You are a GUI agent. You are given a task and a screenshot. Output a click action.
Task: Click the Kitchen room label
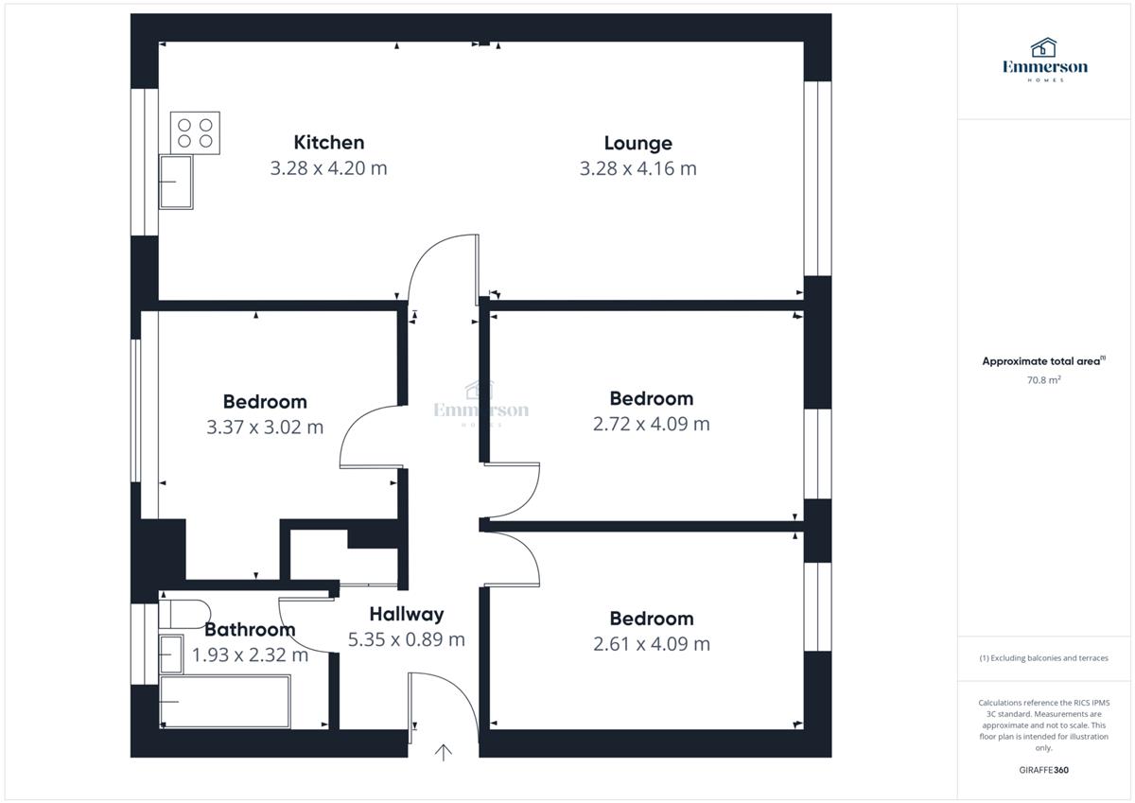[x=329, y=143]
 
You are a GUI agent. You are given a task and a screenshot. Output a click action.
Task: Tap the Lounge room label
[x=637, y=144]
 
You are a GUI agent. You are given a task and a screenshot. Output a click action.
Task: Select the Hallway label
[x=407, y=615]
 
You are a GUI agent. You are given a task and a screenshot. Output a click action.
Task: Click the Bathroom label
[x=250, y=630]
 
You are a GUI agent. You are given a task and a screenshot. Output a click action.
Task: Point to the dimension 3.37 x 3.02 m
[x=265, y=428]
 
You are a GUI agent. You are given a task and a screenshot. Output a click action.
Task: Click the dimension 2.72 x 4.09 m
[x=651, y=424]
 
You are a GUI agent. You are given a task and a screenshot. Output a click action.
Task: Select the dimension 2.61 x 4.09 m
[x=652, y=644]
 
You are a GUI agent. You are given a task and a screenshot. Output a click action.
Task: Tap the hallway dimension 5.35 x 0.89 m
[x=407, y=639]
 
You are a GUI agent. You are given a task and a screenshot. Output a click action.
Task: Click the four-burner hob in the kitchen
[x=195, y=132]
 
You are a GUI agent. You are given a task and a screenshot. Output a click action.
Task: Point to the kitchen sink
[x=176, y=182]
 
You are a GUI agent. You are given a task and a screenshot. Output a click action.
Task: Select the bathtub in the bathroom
[x=225, y=701]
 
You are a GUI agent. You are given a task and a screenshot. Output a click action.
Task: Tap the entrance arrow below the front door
[x=444, y=752]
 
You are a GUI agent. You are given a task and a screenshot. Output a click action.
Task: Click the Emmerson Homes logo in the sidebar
[x=1045, y=60]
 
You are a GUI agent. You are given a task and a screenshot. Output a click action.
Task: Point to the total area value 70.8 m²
[x=1044, y=380]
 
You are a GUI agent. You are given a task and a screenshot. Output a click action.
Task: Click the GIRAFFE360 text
[x=1044, y=770]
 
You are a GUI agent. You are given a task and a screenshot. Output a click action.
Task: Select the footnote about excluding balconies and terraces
[x=1044, y=658]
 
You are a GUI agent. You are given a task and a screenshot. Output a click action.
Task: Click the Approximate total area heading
[x=1044, y=360]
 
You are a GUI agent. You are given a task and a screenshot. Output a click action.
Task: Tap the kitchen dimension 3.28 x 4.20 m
[x=328, y=168]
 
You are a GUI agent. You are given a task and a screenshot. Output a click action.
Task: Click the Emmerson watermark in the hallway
[x=480, y=404]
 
